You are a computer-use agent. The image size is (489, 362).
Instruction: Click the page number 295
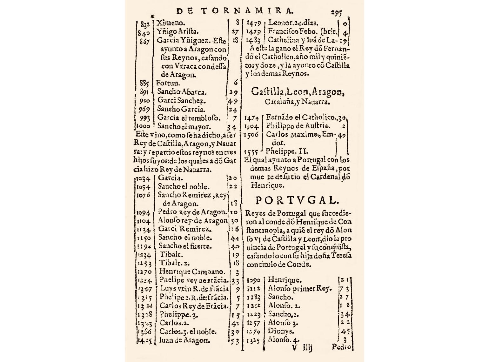(x=336, y=12)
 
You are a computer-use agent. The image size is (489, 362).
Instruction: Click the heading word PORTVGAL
(x=297, y=200)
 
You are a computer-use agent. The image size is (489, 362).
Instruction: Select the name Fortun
(x=168, y=83)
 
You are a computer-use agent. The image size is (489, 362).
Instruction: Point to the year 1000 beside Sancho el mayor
(x=143, y=126)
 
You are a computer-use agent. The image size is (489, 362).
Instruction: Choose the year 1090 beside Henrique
(x=254, y=280)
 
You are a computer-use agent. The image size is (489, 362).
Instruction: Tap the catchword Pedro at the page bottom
(x=341, y=346)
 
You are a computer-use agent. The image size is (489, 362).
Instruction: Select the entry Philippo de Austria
(x=298, y=126)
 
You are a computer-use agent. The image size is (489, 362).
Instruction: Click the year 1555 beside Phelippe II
(x=251, y=151)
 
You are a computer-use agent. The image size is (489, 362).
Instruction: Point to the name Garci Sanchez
(x=182, y=101)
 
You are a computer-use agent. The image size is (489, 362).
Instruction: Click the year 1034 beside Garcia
(x=144, y=178)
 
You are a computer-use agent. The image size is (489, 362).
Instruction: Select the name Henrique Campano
(x=192, y=271)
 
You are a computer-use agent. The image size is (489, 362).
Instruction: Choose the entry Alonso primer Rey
(x=300, y=289)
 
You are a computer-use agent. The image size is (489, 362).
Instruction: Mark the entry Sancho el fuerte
(x=185, y=246)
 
